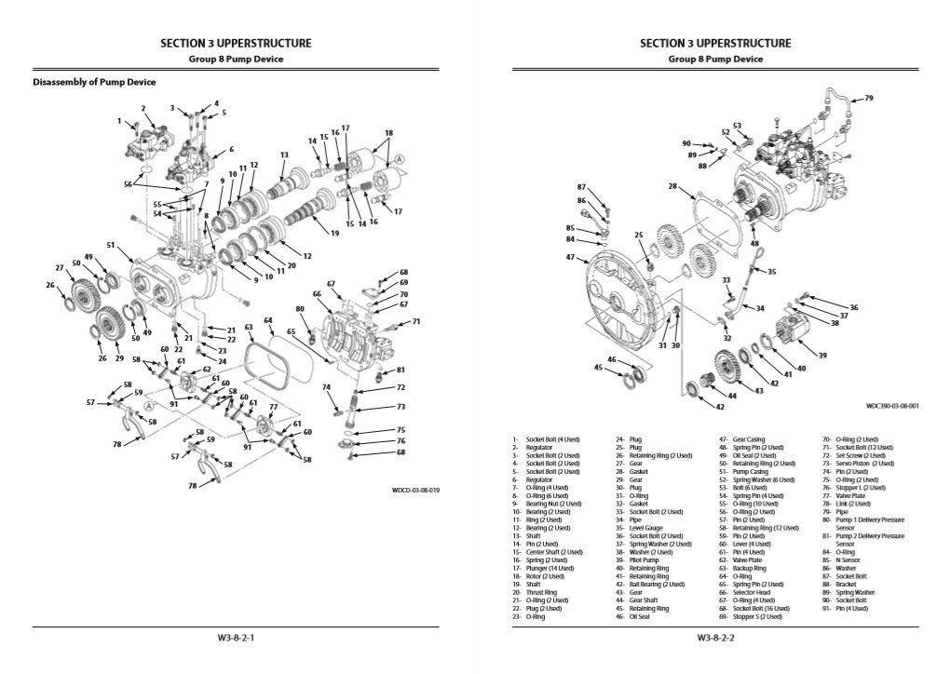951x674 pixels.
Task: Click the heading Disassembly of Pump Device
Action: (x=94, y=82)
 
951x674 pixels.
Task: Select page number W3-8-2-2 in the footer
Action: (x=715, y=639)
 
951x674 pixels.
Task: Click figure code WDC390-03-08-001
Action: (x=891, y=407)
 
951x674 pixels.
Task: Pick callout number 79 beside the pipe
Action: (x=868, y=98)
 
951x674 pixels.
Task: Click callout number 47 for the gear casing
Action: (x=570, y=258)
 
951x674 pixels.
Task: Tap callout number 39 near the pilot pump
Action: (x=822, y=355)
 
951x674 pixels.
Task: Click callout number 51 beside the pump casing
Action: (x=110, y=246)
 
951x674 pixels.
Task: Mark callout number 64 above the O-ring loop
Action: (x=267, y=320)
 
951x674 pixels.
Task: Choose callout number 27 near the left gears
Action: (x=59, y=268)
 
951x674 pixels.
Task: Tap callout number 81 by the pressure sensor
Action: (x=401, y=370)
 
